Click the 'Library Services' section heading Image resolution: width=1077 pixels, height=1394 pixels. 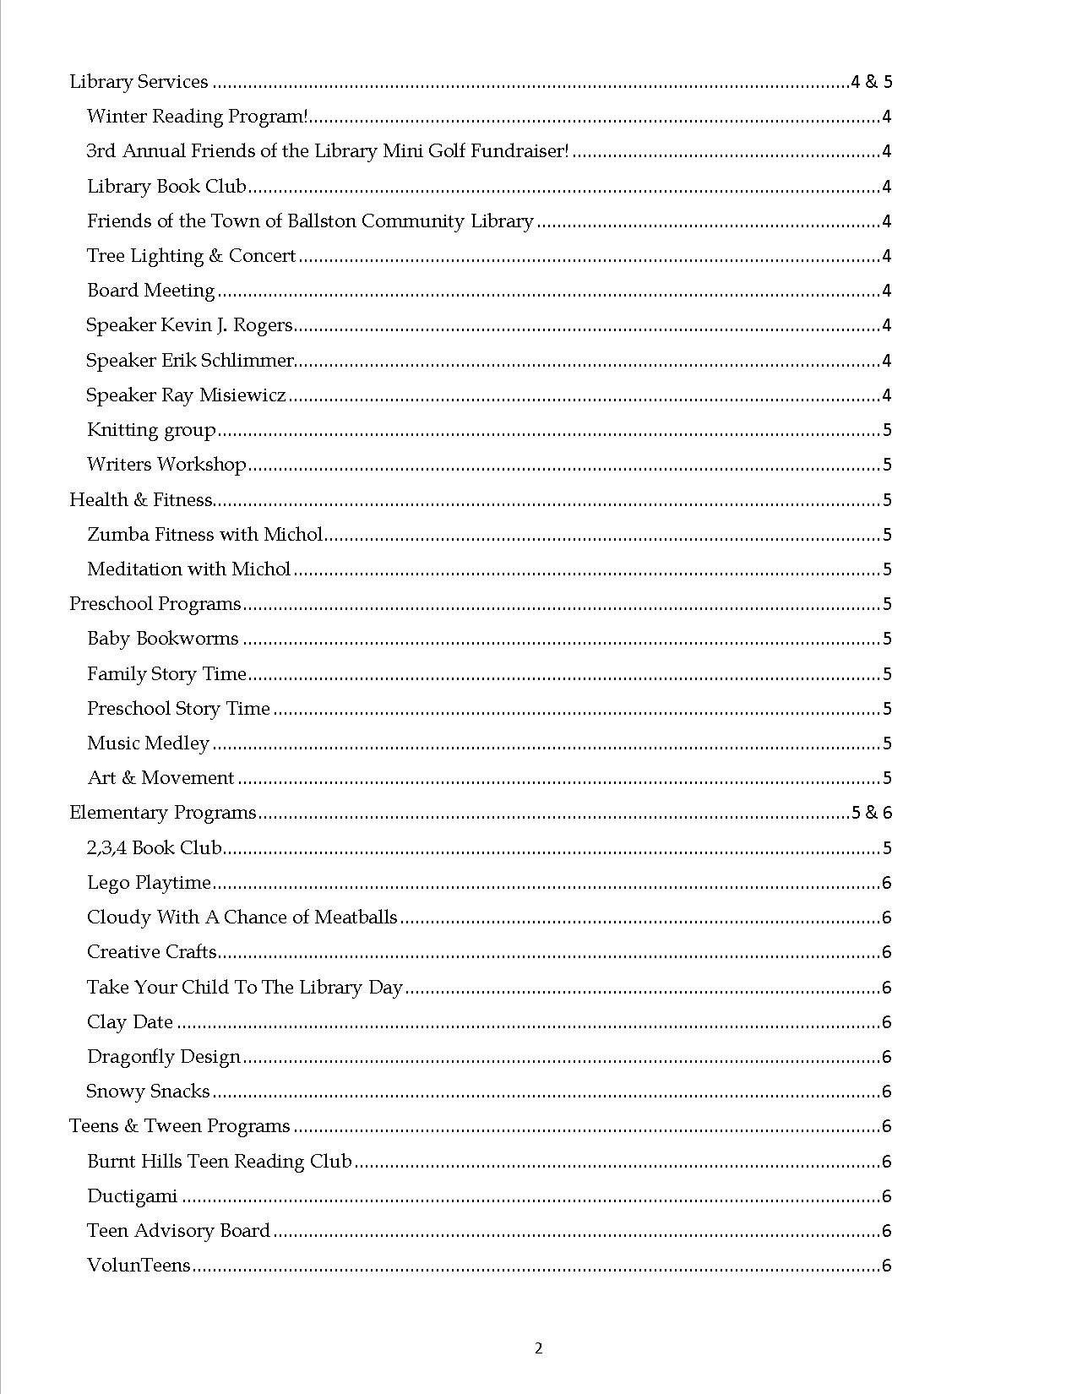point(139,82)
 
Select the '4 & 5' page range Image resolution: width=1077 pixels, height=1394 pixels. point(871,82)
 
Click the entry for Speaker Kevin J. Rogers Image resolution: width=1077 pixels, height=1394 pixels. point(189,325)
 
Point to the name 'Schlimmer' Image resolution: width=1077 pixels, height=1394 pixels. point(251,361)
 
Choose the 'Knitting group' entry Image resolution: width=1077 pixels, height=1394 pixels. point(151,430)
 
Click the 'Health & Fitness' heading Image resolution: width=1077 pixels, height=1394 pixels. point(140,500)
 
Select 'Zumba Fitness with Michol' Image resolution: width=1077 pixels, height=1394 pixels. point(204,535)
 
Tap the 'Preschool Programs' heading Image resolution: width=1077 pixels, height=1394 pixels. point(155,604)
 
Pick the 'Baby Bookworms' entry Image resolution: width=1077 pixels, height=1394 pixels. point(163,639)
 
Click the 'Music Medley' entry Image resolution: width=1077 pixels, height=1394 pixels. point(148,743)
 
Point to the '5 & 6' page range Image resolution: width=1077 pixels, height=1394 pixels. point(871,813)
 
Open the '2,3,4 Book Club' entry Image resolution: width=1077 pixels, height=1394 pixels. point(154,848)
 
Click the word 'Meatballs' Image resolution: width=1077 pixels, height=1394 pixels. point(356,918)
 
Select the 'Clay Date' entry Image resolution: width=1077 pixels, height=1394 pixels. point(130,1022)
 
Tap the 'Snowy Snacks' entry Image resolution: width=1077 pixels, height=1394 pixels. point(148,1092)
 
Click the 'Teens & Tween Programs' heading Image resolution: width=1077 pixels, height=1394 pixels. point(179,1126)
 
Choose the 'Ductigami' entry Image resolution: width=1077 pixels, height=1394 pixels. point(133,1196)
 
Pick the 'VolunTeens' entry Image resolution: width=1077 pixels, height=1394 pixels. point(139,1266)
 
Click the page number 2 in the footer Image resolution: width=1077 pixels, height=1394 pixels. point(539,1348)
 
